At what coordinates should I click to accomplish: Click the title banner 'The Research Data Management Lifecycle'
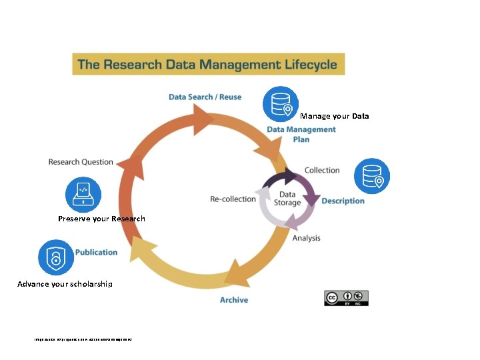tap(209, 65)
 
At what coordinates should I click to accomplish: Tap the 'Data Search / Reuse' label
tap(205, 97)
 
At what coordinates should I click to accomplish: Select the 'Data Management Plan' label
tap(301, 134)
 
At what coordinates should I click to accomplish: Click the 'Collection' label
tap(322, 170)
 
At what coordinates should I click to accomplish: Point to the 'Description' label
tap(343, 201)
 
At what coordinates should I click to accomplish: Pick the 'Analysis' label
tap(306, 238)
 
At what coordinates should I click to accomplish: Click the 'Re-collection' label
tap(233, 199)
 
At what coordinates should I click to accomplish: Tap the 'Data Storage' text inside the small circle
tap(287, 199)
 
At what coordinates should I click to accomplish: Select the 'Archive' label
tap(234, 300)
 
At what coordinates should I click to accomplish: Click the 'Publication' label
tap(96, 252)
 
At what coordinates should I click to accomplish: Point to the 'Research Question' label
tap(81, 162)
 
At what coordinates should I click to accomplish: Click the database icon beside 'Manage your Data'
tap(280, 104)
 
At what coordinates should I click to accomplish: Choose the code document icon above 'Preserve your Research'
tap(83, 195)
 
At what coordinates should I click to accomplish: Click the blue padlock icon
tap(55, 257)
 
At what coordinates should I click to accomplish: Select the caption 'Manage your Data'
tap(335, 116)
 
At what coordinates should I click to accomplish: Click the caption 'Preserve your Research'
tap(101, 219)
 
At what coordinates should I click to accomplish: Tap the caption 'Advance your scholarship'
tap(65, 284)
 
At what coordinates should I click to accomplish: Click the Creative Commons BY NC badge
tap(346, 298)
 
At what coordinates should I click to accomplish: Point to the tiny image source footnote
tap(83, 340)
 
